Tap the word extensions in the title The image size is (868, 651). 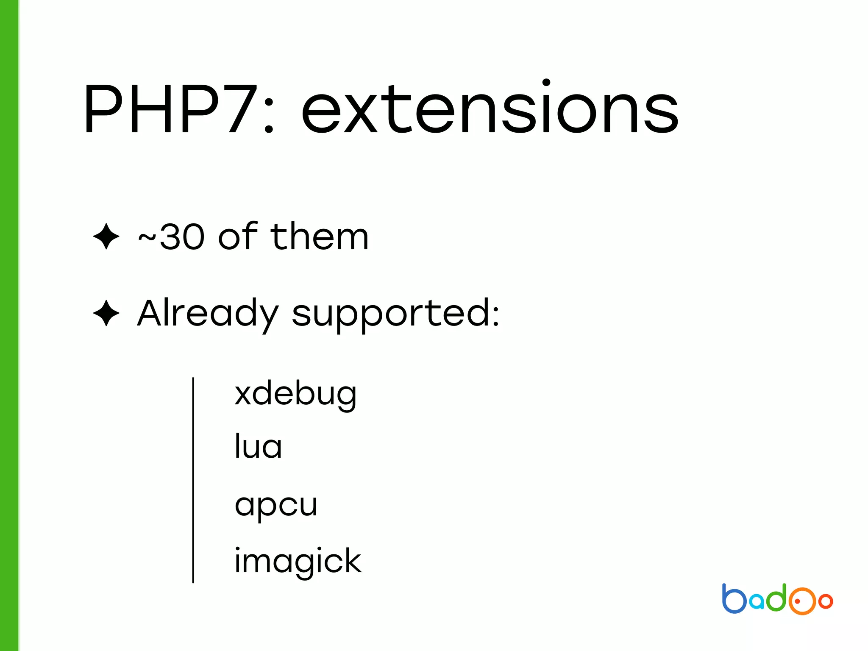(x=490, y=109)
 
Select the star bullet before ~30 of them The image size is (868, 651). (x=106, y=236)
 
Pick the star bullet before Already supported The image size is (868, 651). (x=106, y=313)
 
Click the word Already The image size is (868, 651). (x=208, y=314)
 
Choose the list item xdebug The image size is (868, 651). (x=295, y=394)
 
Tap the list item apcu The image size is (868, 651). (x=276, y=505)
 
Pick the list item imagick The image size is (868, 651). (x=298, y=562)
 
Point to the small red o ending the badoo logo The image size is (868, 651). (x=826, y=601)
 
